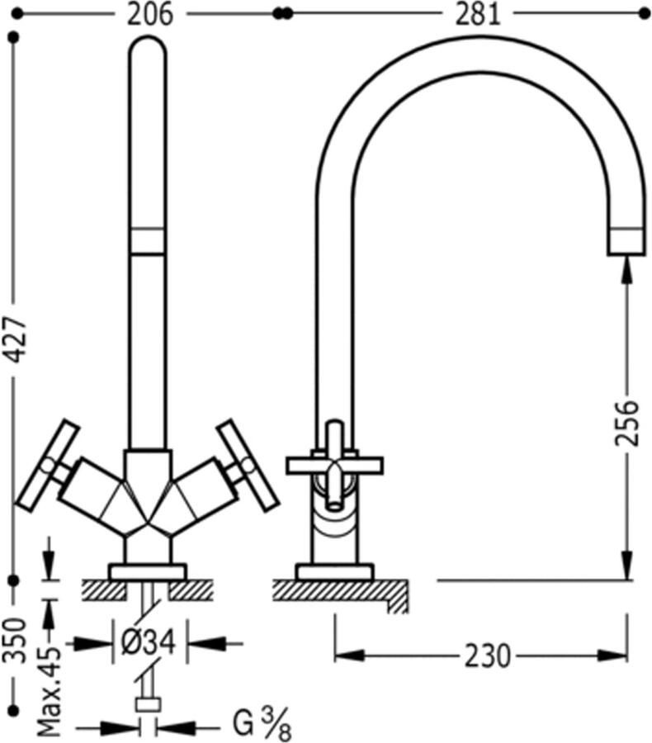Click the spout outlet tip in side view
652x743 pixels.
(624, 242)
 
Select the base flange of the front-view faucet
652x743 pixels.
(148, 571)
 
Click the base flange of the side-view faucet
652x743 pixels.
(334, 571)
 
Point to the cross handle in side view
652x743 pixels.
(334, 465)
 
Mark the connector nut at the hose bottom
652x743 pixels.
(148, 704)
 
